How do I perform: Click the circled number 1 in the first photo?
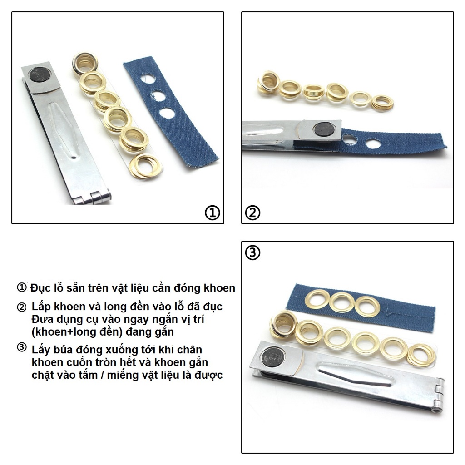tap(213, 213)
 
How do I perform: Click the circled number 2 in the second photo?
tap(252, 213)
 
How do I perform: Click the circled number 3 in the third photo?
tap(252, 252)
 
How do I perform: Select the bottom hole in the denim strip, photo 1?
tap(167, 114)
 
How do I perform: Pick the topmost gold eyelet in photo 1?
tap(85, 62)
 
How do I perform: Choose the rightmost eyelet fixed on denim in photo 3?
tap(367, 307)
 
